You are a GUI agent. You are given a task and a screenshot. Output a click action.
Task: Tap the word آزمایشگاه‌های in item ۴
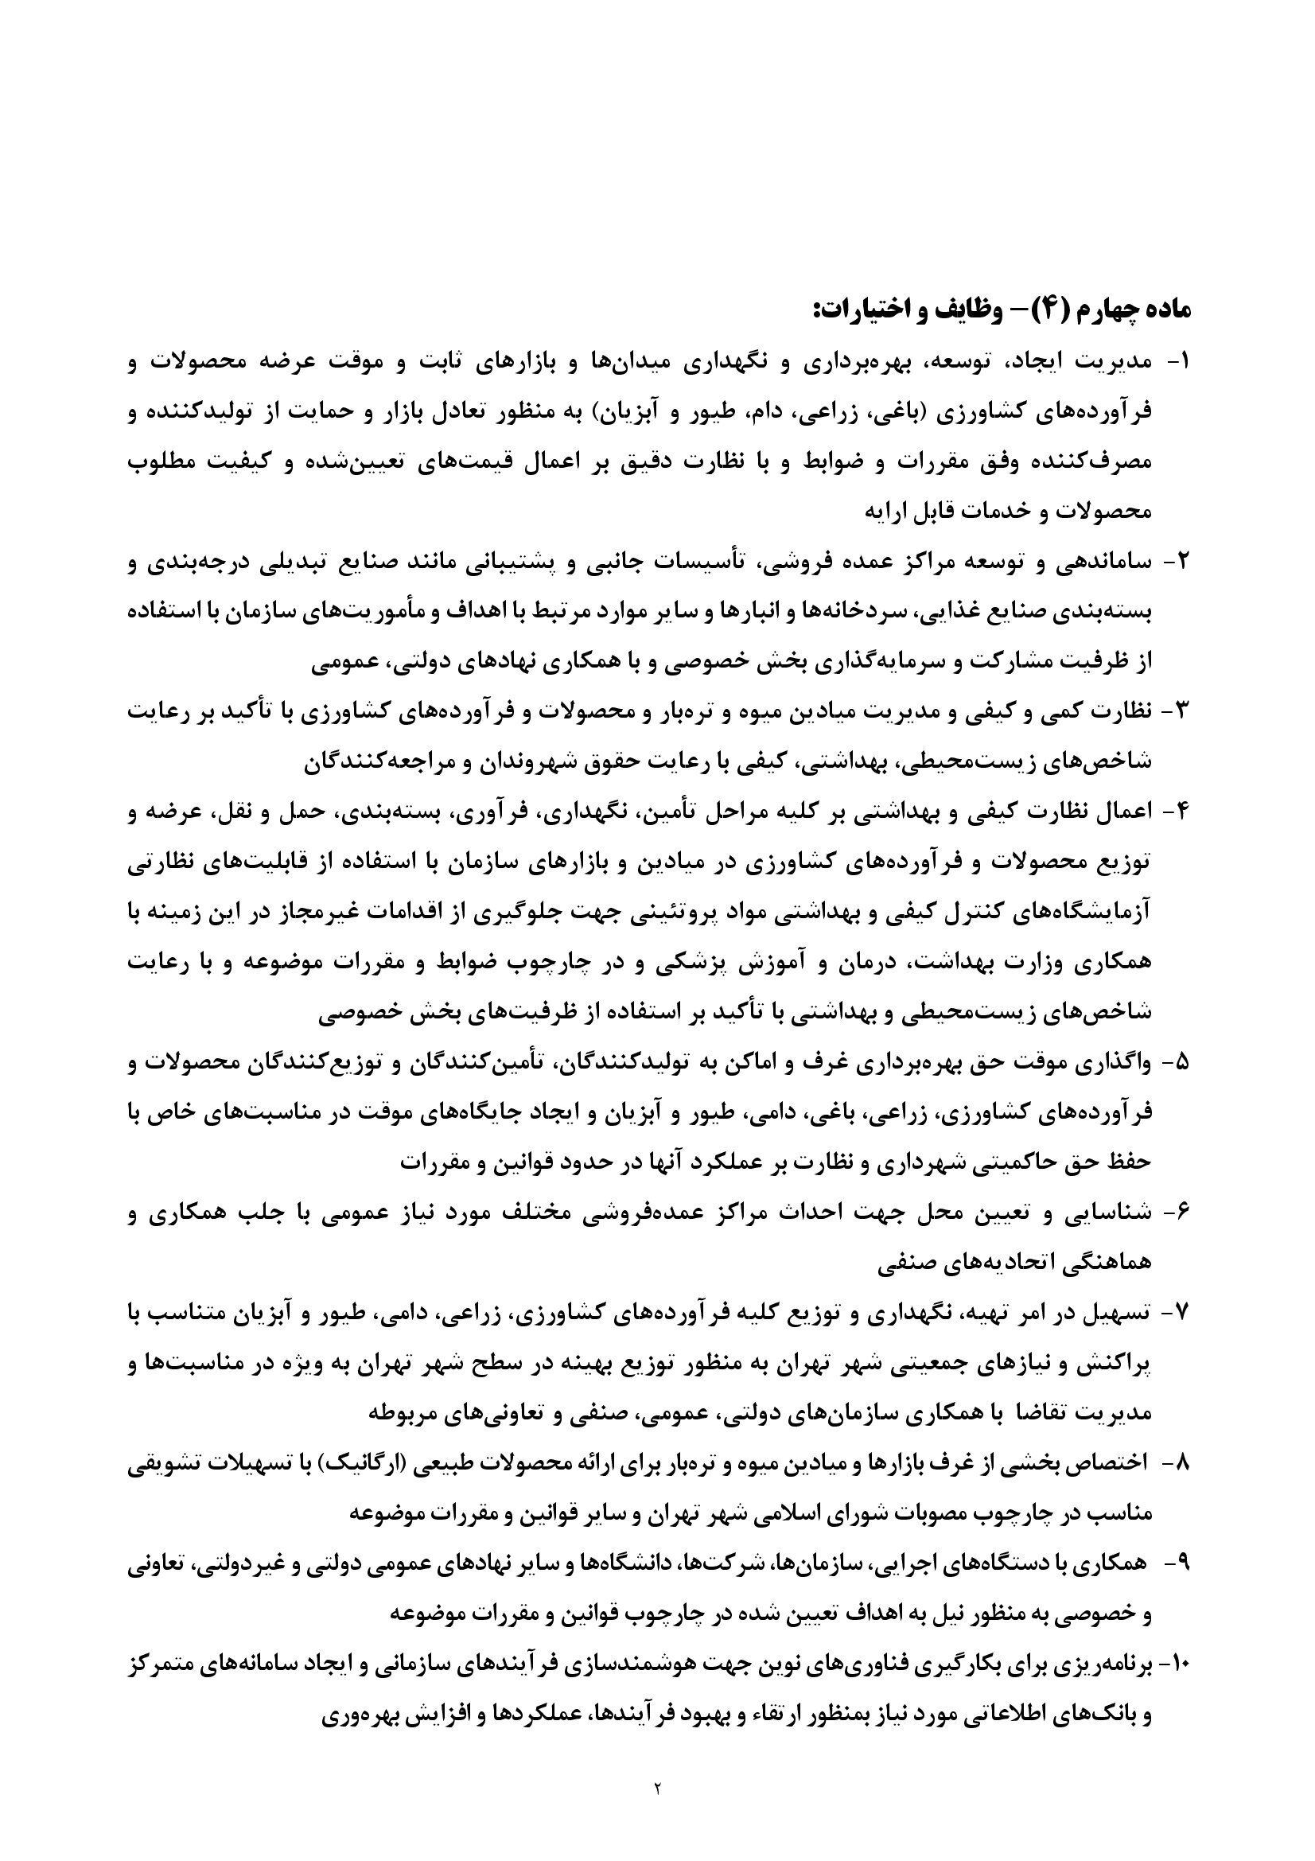tap(1079, 913)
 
